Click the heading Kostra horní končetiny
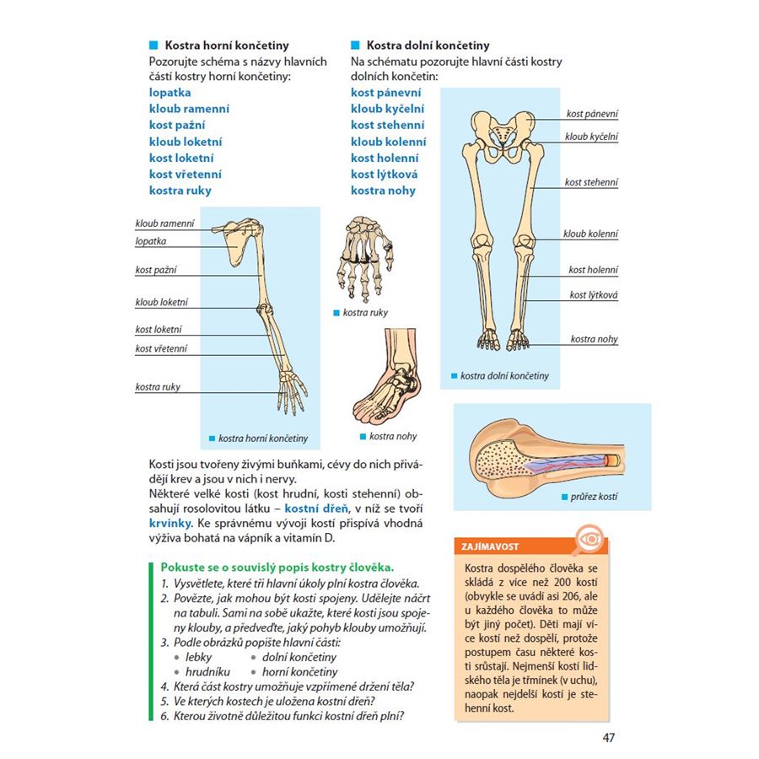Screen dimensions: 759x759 pos(226,46)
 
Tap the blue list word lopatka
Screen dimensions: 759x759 pos(170,93)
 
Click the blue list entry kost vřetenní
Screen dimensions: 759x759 pos(186,175)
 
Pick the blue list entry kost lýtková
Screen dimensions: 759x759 pos(384,175)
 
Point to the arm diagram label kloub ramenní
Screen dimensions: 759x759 pos(164,223)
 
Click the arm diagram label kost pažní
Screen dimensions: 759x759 pos(155,270)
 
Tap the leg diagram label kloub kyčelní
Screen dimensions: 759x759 pos(591,136)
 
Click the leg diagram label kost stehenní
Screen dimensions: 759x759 pos(591,182)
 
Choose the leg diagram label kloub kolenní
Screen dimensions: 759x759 pos(590,234)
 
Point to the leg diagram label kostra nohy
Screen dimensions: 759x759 pos(594,339)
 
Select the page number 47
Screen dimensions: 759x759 pos(609,739)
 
